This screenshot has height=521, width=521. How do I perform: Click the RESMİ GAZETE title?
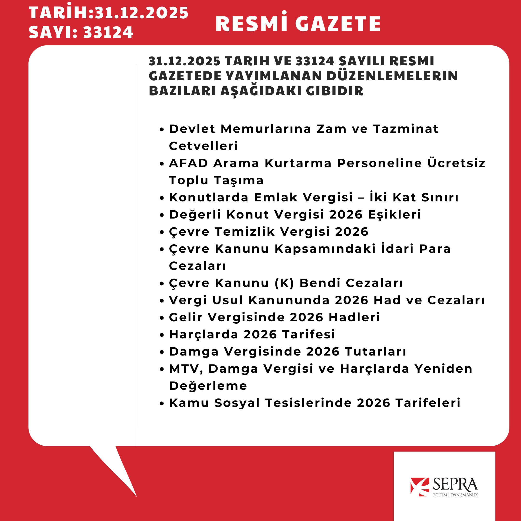(x=298, y=23)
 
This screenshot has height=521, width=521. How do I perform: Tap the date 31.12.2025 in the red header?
(x=142, y=13)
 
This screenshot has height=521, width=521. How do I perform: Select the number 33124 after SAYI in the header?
(x=108, y=32)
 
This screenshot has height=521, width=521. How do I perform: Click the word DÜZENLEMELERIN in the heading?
(x=392, y=76)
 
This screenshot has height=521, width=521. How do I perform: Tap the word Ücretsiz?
(x=456, y=163)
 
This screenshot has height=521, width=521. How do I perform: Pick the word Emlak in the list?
(x=276, y=197)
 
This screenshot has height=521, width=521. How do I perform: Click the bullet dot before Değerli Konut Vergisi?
(x=162, y=215)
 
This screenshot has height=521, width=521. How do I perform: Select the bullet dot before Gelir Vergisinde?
(x=162, y=318)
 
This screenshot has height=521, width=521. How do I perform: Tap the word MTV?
(x=185, y=369)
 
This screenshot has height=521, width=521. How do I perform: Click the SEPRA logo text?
(x=455, y=485)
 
